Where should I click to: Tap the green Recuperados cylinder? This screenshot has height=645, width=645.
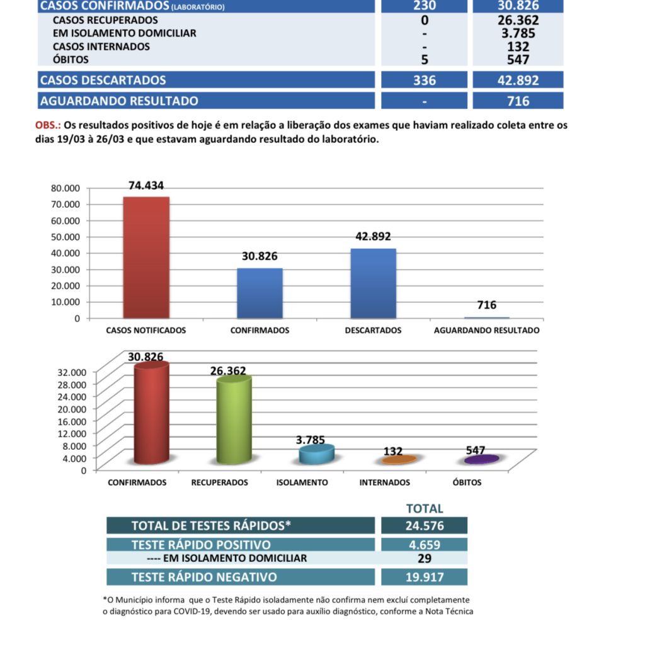[234, 421]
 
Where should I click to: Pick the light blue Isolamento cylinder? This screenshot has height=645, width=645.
[316, 455]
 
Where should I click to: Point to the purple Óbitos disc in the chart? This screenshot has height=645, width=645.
[482, 460]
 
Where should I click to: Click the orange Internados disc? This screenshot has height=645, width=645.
[399, 460]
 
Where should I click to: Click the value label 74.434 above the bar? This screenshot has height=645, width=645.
[146, 186]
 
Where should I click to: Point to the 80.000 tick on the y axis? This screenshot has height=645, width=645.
[65, 188]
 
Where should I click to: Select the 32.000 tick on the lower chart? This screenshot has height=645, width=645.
[72, 372]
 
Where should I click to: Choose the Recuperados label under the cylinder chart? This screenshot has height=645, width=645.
[219, 482]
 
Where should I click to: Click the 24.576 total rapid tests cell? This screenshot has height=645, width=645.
[425, 526]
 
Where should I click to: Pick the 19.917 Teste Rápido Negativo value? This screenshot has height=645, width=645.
[425, 577]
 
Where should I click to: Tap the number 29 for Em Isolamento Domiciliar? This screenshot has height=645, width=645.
[425, 559]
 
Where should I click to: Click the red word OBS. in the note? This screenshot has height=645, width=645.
[47, 125]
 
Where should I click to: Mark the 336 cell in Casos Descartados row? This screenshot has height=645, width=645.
[425, 81]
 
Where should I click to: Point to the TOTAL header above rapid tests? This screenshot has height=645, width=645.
[425, 508]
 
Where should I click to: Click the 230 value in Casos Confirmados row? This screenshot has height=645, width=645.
[425, 6]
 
